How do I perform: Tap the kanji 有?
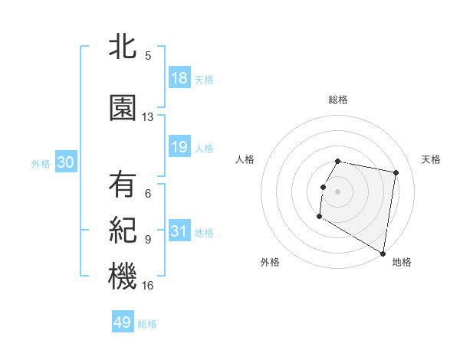(x=123, y=185)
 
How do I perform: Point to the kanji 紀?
(x=123, y=230)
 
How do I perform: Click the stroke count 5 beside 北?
(x=148, y=55)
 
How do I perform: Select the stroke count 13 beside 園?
(x=148, y=117)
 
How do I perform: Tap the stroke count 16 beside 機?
(x=148, y=286)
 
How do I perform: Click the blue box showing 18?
(x=179, y=79)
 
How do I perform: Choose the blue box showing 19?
(x=179, y=147)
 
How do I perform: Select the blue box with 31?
(x=179, y=232)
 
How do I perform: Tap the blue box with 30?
(x=65, y=163)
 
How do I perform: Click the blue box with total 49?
(x=123, y=322)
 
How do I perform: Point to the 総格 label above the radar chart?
(x=337, y=100)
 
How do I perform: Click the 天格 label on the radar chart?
(x=432, y=159)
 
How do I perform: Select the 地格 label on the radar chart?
(x=402, y=262)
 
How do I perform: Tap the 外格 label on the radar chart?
(x=270, y=262)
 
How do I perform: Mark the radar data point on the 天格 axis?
(x=396, y=173)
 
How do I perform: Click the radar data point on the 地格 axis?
(x=383, y=254)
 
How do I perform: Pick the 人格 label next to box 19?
(x=204, y=148)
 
